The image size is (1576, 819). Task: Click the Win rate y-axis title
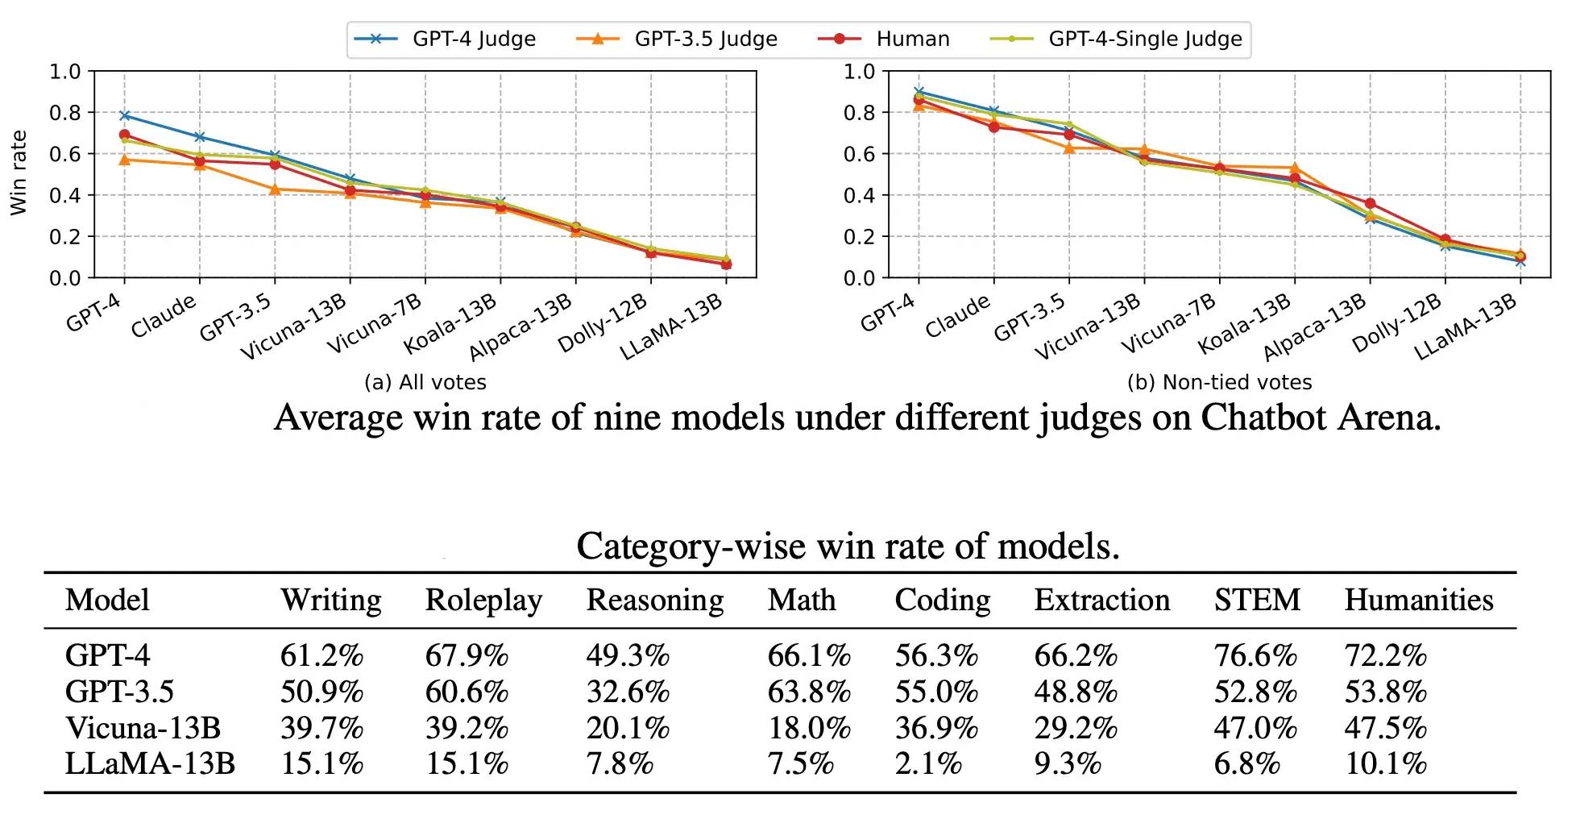(x=19, y=173)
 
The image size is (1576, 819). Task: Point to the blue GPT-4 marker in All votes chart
(x=125, y=115)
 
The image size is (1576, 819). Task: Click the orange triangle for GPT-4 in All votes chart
(x=125, y=160)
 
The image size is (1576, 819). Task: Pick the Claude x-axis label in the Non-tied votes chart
(x=959, y=316)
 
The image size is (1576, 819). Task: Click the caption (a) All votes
(x=425, y=382)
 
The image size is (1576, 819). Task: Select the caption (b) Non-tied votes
(x=1219, y=382)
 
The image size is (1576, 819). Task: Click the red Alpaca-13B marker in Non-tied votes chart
(x=1370, y=203)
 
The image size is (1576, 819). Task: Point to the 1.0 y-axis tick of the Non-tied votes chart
(x=859, y=72)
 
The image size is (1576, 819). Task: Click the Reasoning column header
(x=654, y=601)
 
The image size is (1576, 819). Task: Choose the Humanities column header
(x=1418, y=601)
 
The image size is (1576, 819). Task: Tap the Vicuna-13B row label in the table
(x=143, y=728)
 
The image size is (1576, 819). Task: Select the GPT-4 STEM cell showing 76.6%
(x=1255, y=656)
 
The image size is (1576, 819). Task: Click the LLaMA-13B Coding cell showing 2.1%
(x=928, y=763)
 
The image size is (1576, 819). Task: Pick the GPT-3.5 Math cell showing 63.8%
(x=809, y=692)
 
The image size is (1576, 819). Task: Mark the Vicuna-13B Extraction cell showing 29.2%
(x=1076, y=728)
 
